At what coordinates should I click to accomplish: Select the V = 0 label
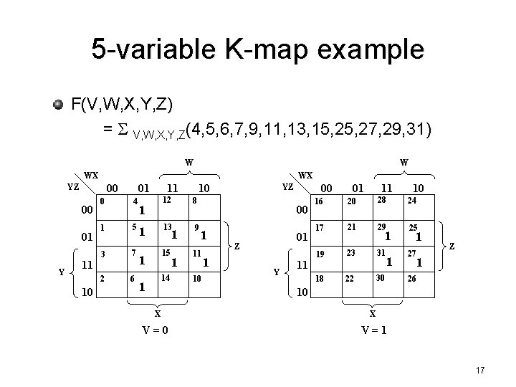tap(157, 329)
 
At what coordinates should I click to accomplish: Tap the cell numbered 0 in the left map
tap(113, 208)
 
